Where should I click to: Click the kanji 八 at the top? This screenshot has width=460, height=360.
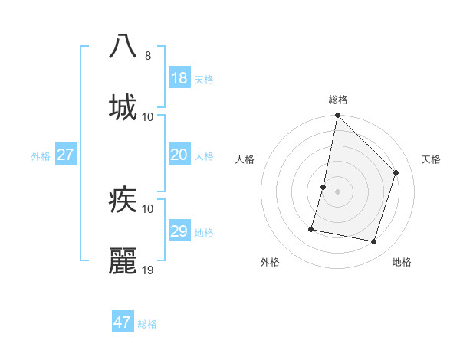(123, 46)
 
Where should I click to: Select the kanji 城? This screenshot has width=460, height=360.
(123, 107)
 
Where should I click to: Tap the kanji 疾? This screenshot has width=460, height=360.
(123, 201)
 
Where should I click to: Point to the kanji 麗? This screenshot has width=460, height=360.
(123, 261)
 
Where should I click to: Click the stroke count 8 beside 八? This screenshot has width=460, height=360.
(148, 55)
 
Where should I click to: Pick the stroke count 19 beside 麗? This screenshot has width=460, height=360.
(149, 270)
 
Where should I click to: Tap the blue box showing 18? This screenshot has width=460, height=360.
(179, 78)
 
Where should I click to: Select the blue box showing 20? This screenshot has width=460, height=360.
(179, 155)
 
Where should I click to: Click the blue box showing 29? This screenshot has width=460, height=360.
(179, 231)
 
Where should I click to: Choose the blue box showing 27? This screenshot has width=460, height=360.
(66, 155)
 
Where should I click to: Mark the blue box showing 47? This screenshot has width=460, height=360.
(123, 322)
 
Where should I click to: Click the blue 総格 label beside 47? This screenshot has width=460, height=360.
(148, 324)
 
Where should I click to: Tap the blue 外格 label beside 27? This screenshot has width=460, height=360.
(41, 155)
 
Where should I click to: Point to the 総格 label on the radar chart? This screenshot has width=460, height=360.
(338, 100)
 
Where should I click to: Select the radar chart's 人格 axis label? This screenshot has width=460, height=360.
(245, 159)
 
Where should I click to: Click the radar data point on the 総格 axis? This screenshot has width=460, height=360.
(338, 116)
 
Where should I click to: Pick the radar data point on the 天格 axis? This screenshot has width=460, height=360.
(396, 172)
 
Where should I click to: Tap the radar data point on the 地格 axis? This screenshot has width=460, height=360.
(374, 241)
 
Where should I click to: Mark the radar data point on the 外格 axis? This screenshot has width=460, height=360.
(311, 228)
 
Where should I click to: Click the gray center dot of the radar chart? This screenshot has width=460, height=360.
(338, 191)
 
